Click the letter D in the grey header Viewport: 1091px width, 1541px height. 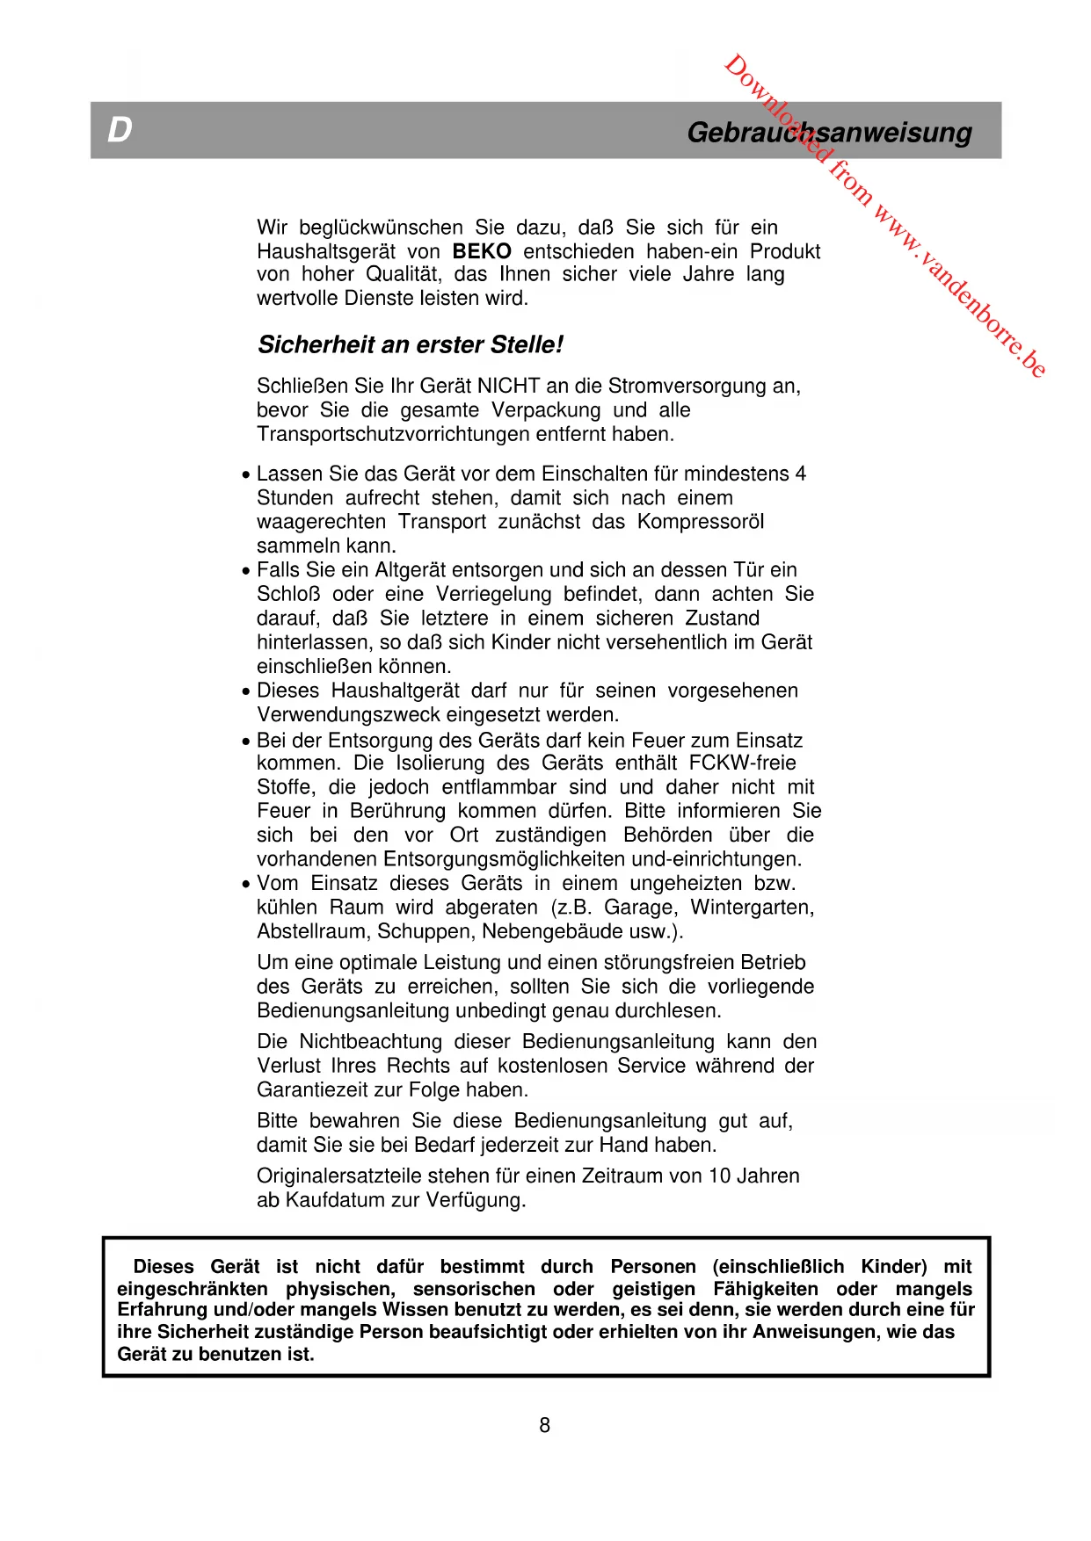[x=120, y=130]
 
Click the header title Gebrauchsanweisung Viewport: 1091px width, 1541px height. [x=829, y=133]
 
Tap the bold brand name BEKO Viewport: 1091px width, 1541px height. [x=482, y=251]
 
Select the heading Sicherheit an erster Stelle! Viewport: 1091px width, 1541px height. [x=411, y=344]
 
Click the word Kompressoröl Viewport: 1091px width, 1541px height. [x=700, y=522]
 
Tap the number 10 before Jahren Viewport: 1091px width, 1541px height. [x=719, y=1176]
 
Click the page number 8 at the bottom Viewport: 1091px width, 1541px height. [x=545, y=1425]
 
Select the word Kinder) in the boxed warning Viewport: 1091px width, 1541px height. [x=893, y=1266]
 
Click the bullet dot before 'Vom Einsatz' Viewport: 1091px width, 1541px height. [x=246, y=885]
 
